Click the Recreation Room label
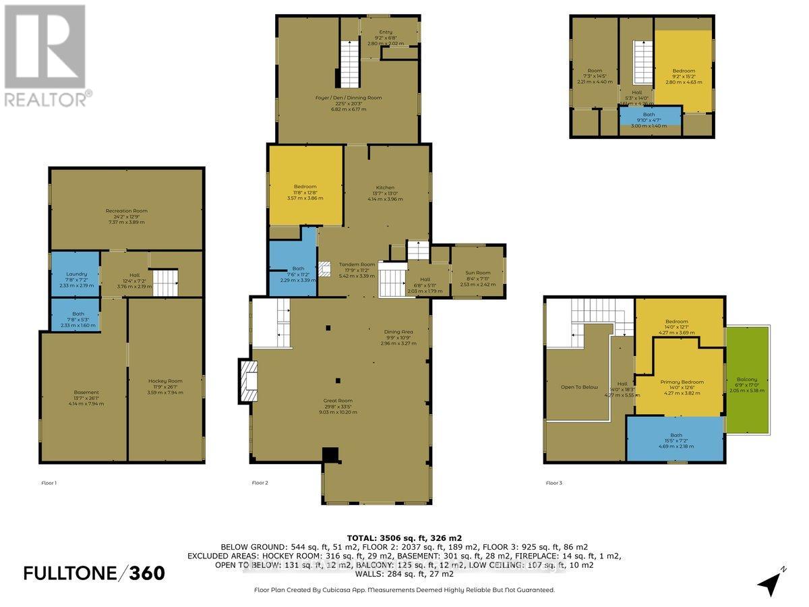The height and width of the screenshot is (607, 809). (x=126, y=211)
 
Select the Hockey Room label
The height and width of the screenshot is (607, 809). (x=165, y=381)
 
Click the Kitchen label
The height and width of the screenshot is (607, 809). (x=386, y=187)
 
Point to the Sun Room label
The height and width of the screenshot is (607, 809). (x=478, y=273)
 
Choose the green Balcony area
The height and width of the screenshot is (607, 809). (x=746, y=379)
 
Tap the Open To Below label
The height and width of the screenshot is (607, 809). (x=580, y=387)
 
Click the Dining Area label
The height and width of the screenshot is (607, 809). (x=398, y=331)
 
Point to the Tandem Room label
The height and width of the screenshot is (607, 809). (x=357, y=264)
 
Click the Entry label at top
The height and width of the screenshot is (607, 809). (x=386, y=32)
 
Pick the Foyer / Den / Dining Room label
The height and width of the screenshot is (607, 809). (x=348, y=98)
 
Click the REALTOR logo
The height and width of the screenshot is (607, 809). (x=46, y=55)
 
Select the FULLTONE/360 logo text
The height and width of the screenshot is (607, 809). (x=94, y=573)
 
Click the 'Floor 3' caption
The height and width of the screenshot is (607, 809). (x=554, y=483)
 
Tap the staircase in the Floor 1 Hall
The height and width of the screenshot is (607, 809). (x=164, y=281)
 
